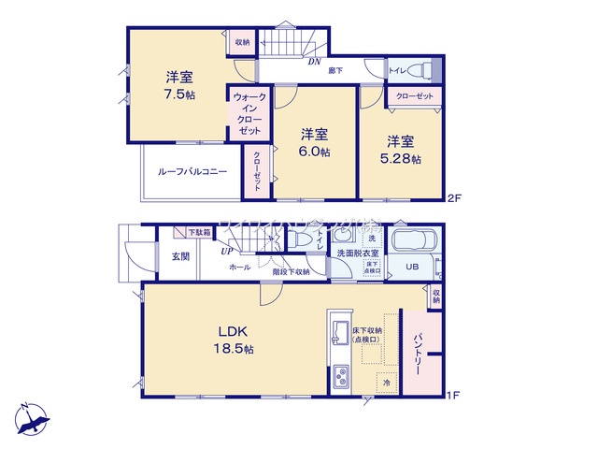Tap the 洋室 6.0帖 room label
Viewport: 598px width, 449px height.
[x=315, y=143]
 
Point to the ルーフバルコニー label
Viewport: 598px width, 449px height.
[x=192, y=172]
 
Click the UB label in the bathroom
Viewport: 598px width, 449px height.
[x=411, y=267]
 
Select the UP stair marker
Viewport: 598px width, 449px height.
[x=227, y=251]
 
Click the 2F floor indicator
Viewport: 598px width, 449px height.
[x=454, y=197]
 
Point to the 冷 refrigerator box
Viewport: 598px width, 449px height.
[x=386, y=383]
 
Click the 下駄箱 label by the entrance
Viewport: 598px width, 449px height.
[x=198, y=232]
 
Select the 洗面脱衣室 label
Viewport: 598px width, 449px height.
[x=357, y=253]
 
